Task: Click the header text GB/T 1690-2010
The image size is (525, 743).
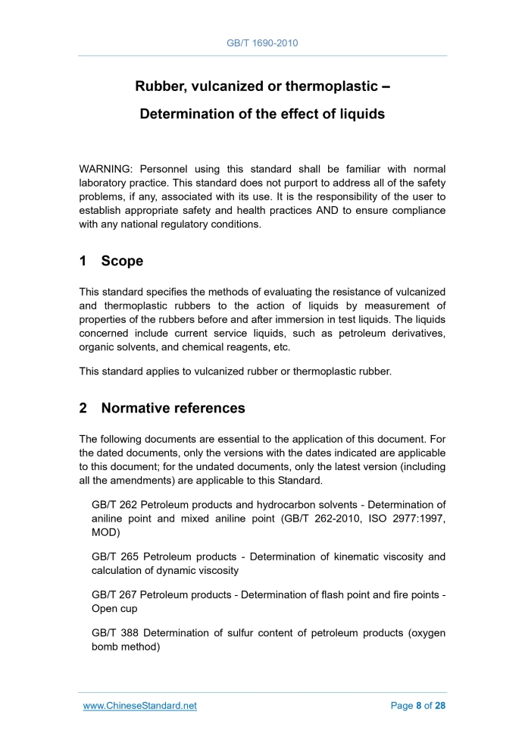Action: tap(262, 43)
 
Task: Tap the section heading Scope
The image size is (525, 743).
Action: tap(122, 262)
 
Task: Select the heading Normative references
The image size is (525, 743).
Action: tap(173, 408)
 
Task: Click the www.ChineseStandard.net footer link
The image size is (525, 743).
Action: tap(139, 706)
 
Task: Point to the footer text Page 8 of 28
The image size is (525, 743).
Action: tap(417, 706)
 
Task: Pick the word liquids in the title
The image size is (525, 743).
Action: tap(358, 114)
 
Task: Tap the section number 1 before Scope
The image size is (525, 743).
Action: tap(83, 262)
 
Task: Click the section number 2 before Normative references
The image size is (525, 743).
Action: tap(83, 408)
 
